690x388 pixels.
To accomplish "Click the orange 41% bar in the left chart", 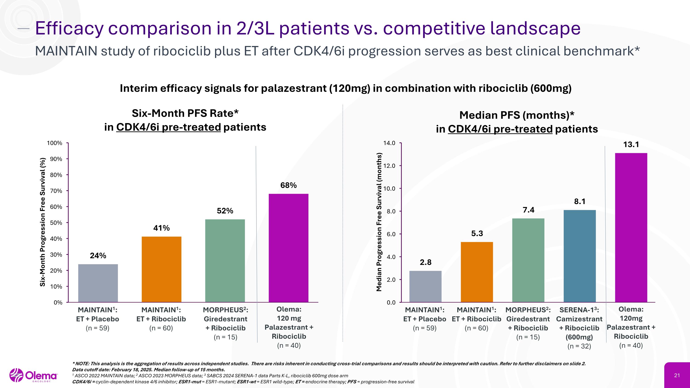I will point(161,269).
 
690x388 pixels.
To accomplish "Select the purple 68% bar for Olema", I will point(288,248).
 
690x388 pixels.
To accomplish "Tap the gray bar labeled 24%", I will point(98,283).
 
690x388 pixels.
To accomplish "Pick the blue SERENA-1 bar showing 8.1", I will point(580,256).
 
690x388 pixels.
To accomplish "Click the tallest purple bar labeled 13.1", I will point(631,228).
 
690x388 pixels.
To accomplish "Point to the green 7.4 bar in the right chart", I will point(528,260).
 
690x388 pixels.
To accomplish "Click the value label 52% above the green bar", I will point(225,211).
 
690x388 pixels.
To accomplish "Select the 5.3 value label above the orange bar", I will point(477,233).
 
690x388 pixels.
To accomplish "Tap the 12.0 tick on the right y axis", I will point(389,166).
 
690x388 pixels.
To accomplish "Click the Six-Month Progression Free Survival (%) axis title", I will point(42,222).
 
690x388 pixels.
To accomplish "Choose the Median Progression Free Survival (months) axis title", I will point(379,222).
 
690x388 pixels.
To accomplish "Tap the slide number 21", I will point(677,375).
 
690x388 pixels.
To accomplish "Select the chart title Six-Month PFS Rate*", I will point(185,113).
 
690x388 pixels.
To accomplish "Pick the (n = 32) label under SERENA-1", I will point(579,346).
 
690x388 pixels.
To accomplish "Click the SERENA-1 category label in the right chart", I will point(579,310).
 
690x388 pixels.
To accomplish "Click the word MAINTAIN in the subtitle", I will point(66,51).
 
